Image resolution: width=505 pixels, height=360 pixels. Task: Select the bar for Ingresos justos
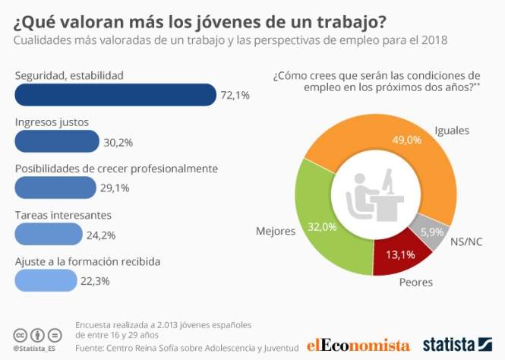click(x=57, y=141)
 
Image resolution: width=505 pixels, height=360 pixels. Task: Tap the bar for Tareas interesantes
click(x=48, y=234)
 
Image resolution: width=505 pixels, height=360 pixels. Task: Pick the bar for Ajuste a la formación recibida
click(x=46, y=280)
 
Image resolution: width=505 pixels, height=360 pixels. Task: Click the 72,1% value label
click(x=234, y=96)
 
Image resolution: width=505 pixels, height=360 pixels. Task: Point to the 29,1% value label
click(x=115, y=188)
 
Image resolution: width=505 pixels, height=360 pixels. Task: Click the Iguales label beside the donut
click(x=452, y=130)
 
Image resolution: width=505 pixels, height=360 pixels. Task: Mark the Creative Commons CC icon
click(x=21, y=334)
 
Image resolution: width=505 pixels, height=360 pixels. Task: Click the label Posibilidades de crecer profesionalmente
click(x=117, y=168)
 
